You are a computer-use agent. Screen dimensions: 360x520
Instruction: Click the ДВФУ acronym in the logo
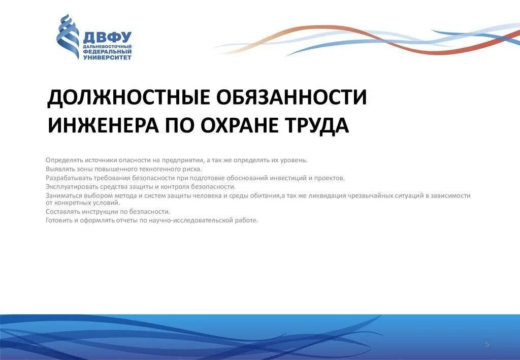tap(107, 37)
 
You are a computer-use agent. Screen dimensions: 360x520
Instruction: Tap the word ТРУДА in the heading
tap(320, 125)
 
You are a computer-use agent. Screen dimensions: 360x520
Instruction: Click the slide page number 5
tap(487, 344)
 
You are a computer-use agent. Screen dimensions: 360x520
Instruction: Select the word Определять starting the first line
tap(61, 160)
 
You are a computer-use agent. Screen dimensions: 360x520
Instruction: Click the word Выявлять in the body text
tap(58, 169)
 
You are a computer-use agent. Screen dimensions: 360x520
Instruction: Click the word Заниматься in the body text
tap(62, 195)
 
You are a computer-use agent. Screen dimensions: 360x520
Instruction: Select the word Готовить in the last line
tap(58, 220)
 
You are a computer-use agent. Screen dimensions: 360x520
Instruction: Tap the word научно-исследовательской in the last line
tap(191, 220)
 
